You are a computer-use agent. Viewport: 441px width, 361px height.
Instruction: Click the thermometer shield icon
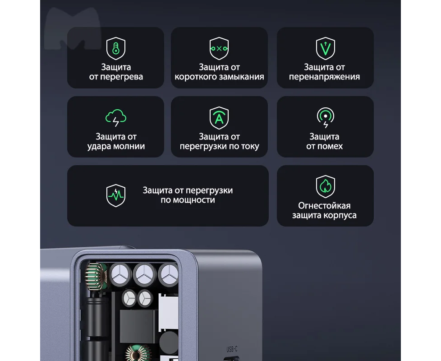click(115, 48)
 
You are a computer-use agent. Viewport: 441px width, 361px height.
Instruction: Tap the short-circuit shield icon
click(219, 48)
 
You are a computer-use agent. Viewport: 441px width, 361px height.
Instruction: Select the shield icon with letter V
click(326, 48)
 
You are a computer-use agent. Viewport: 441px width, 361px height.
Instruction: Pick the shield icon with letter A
click(219, 118)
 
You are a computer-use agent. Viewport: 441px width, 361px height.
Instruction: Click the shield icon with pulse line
click(115, 195)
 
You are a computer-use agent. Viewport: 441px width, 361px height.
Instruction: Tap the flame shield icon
click(326, 186)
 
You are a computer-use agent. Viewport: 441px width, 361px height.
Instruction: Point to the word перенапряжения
click(324, 77)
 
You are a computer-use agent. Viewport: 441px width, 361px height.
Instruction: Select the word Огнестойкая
click(324, 206)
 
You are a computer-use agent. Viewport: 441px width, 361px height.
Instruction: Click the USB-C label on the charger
click(232, 349)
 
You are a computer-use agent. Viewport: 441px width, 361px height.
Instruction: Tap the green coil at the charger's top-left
click(96, 277)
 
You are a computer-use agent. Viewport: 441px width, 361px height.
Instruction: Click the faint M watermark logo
click(73, 28)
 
